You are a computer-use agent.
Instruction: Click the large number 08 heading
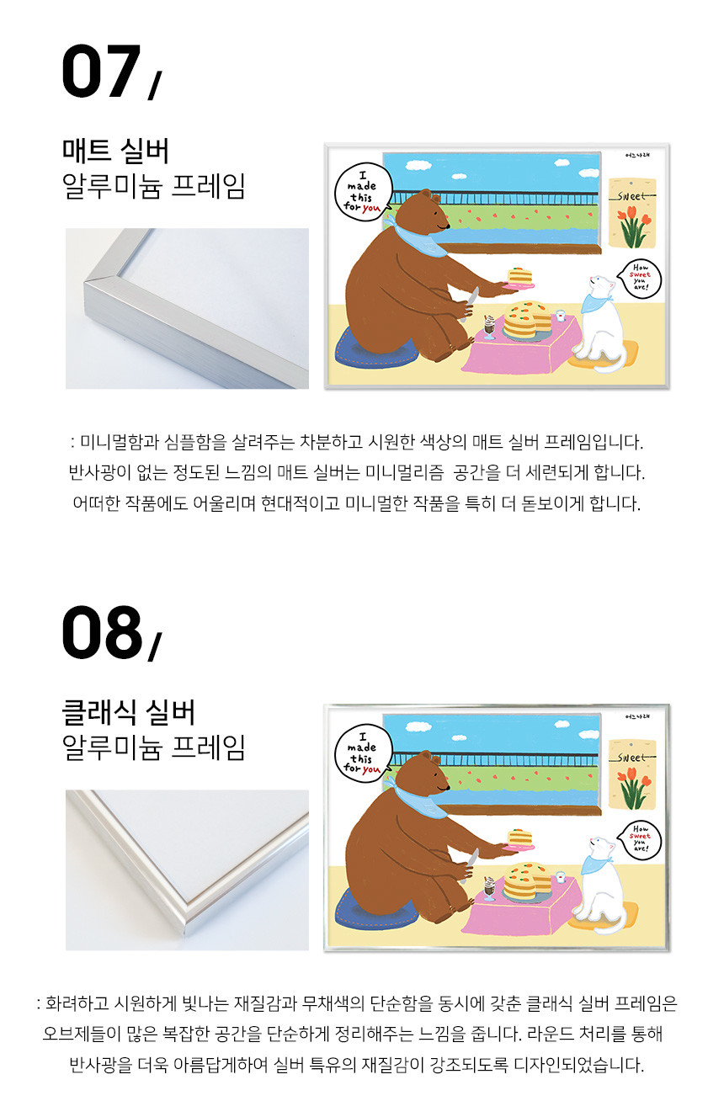[x=102, y=632]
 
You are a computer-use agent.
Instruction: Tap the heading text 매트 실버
[x=115, y=151]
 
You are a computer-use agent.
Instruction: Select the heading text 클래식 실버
[x=129, y=712]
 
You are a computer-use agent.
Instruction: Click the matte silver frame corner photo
[x=187, y=308]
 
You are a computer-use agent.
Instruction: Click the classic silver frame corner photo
[x=187, y=870]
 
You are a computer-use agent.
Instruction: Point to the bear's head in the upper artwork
[x=431, y=212]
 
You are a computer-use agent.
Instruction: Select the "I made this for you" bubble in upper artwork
[x=363, y=193]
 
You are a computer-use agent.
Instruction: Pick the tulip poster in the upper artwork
[x=632, y=213]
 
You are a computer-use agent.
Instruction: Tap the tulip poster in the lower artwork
[x=632, y=774]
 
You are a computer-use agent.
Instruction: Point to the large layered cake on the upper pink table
[x=526, y=321]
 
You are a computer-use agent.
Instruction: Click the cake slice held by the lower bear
[x=520, y=838]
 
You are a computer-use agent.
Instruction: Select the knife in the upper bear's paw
[x=469, y=303]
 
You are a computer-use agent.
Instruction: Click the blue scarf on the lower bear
[x=417, y=797]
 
